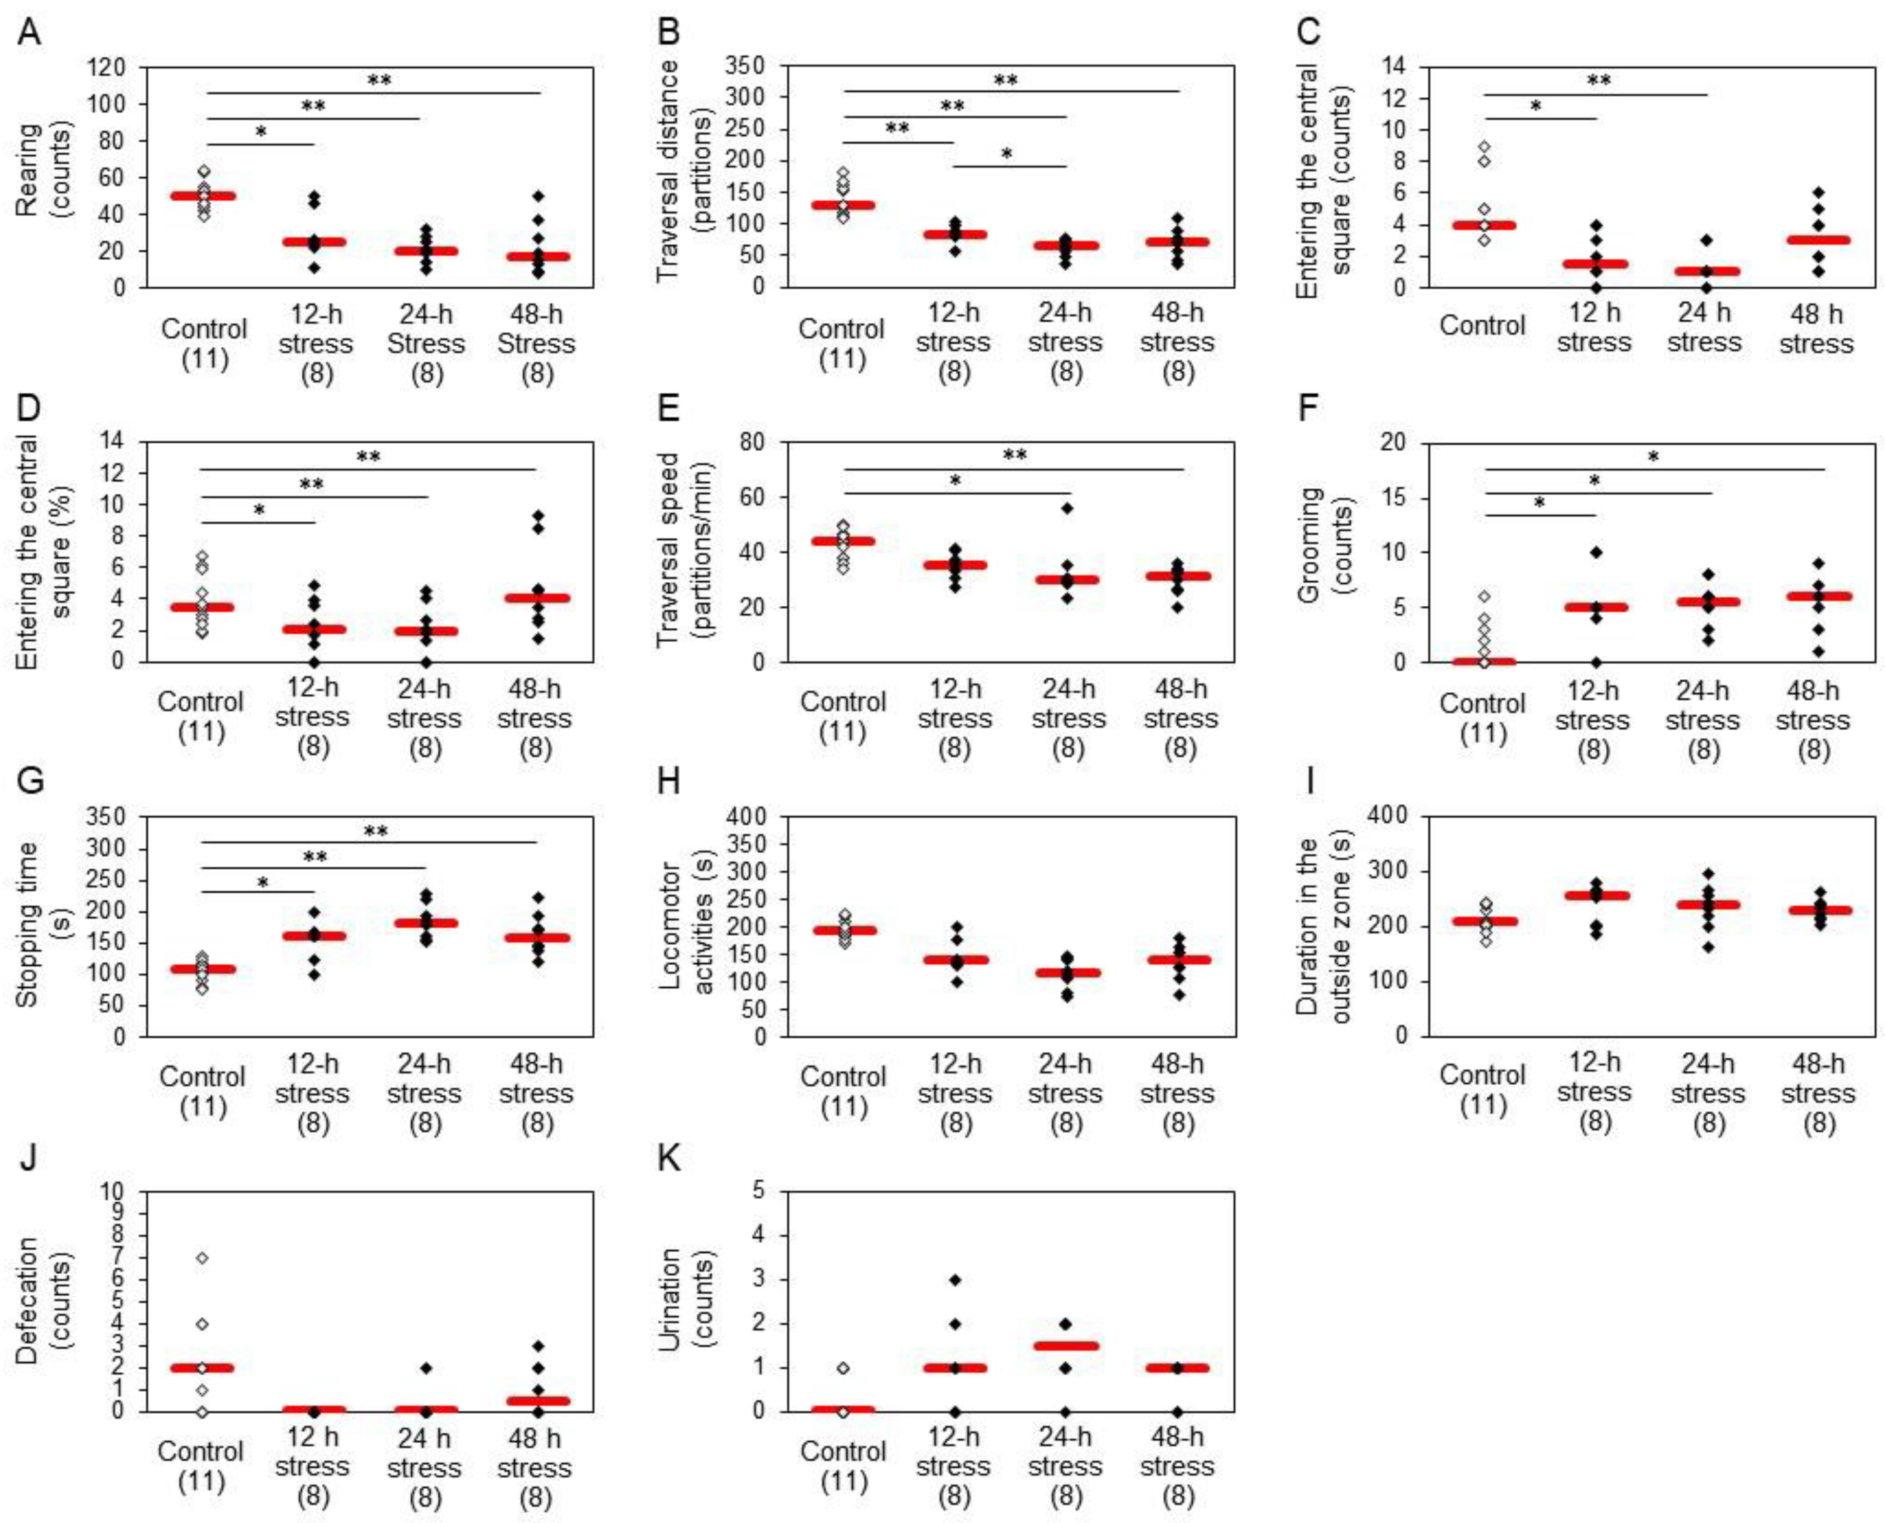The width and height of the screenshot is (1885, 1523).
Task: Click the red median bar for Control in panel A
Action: pyautogui.click(x=204, y=195)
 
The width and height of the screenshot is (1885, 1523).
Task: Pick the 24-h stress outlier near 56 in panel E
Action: pyautogui.click(x=1067, y=508)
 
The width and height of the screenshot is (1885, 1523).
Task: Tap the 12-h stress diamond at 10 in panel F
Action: pyautogui.click(x=1596, y=552)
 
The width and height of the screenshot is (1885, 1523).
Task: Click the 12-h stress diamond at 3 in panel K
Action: pyautogui.click(x=955, y=1280)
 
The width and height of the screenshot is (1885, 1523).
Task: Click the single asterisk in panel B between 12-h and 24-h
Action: pyautogui.click(x=1007, y=154)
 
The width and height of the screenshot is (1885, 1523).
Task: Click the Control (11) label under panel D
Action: pyautogui.click(x=202, y=717)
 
